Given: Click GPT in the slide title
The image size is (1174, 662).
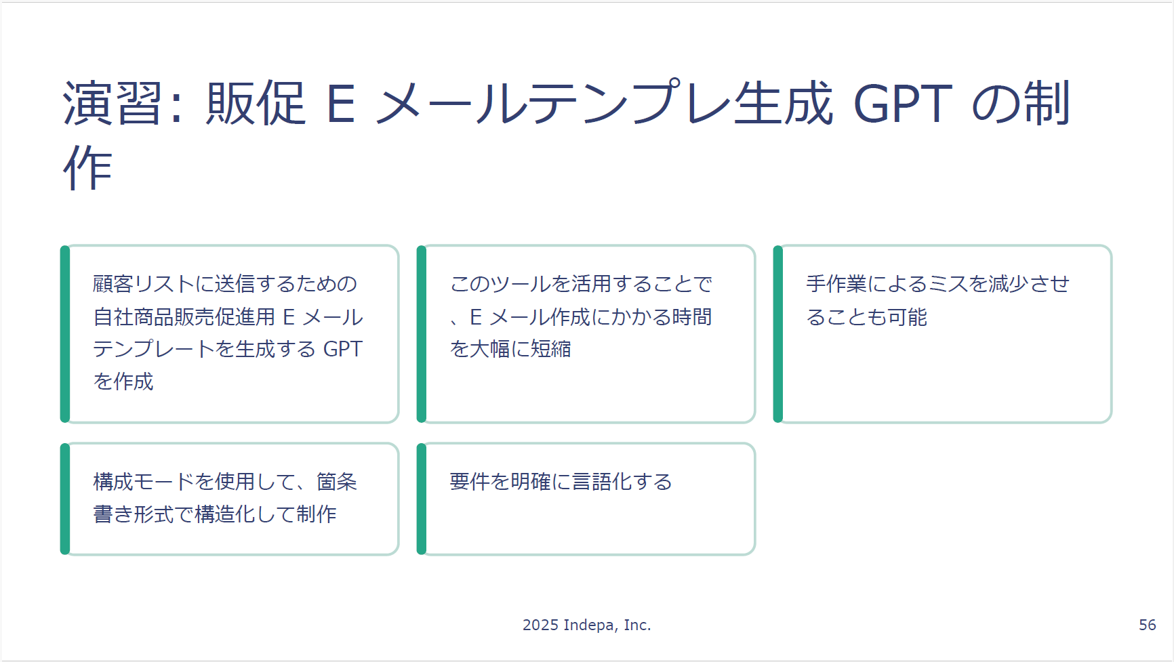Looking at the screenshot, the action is pos(902,104).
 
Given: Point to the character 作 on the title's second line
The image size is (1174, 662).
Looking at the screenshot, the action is pos(87,167).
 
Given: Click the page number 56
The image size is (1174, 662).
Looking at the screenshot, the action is pos(1147,625).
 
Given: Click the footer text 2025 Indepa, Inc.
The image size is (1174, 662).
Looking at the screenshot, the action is pos(586,625).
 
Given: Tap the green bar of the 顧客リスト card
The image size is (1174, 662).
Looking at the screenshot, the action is pos(65,334).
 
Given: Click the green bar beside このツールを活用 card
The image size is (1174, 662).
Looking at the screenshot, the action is pos(422,334).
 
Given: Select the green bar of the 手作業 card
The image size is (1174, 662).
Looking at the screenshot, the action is pos(778,334).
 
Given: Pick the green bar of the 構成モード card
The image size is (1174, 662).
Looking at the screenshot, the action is pos(65,499).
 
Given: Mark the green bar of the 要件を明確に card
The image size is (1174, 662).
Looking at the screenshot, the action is pos(422,499).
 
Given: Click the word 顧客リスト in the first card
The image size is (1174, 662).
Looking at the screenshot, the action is pos(144,284).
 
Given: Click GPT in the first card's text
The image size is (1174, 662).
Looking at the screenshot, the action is pos(343,349).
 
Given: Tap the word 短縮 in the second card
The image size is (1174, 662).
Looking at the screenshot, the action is pos(551,349).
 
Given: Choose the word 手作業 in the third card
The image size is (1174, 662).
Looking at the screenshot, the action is pos(836,284).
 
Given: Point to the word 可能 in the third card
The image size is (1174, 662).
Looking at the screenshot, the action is pos(907,316).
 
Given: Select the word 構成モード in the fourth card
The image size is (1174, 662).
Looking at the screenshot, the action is pos(144,482).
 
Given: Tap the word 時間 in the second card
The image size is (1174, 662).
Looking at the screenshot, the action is pos(692,316).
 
